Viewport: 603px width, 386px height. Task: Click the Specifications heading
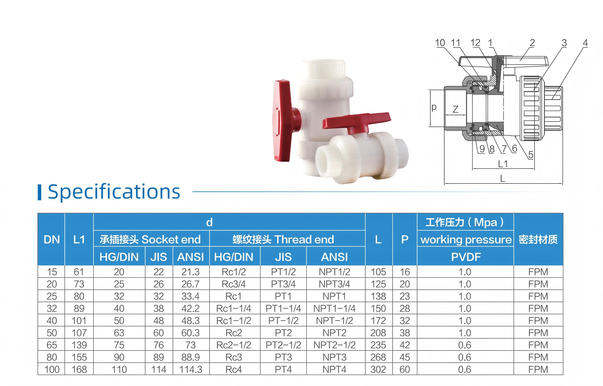[x=114, y=192]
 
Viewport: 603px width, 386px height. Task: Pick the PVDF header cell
[x=466, y=257]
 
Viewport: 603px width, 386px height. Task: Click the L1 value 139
[x=79, y=345]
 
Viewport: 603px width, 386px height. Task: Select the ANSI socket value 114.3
[x=191, y=369]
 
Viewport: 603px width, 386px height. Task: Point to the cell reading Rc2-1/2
[x=234, y=345]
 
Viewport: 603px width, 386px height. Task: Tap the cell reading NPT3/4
[x=334, y=284]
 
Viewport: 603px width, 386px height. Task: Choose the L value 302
[x=378, y=369]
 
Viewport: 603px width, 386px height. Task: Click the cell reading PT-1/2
[x=283, y=321]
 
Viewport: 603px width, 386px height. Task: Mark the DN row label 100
[x=52, y=369]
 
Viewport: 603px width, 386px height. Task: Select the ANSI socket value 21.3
[x=191, y=272]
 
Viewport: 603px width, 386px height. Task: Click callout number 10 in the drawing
[x=440, y=43]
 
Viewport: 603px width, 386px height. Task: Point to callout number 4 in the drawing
[x=585, y=43]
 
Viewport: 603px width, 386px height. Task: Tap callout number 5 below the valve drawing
[x=531, y=155]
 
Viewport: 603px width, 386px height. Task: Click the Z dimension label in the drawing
[x=456, y=109]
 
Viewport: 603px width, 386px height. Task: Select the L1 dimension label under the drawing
[x=503, y=164]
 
